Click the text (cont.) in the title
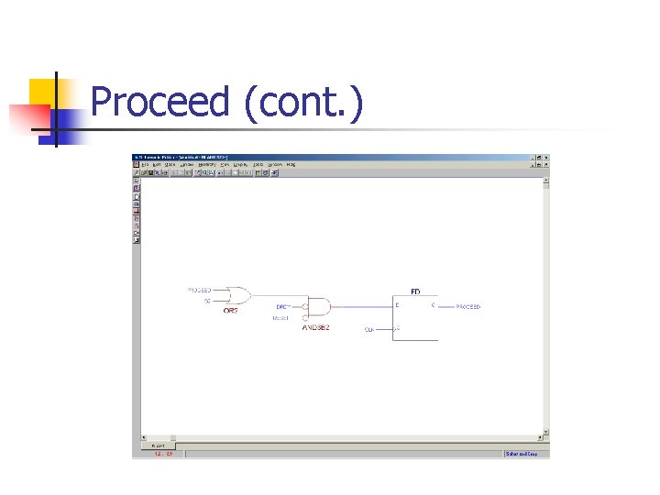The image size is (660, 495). [x=303, y=102]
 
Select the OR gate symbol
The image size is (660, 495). [x=237, y=295]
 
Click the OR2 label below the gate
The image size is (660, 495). [x=231, y=311]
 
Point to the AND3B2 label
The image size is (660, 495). [x=316, y=327]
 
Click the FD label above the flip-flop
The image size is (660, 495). [x=415, y=291]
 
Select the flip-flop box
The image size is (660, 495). [x=415, y=318]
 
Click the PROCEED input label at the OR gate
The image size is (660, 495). [x=200, y=290]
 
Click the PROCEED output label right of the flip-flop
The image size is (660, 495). [x=467, y=307]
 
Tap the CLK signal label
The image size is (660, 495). [x=369, y=329]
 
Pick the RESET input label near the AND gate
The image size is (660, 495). [x=280, y=318]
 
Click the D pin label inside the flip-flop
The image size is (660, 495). [x=398, y=305]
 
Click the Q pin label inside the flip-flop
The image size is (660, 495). [x=433, y=305]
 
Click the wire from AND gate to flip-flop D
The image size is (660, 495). [x=362, y=305]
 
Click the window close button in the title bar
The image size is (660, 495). [x=546, y=157]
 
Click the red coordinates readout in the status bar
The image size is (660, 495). [x=163, y=453]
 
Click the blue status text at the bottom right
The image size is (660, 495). [x=526, y=453]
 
